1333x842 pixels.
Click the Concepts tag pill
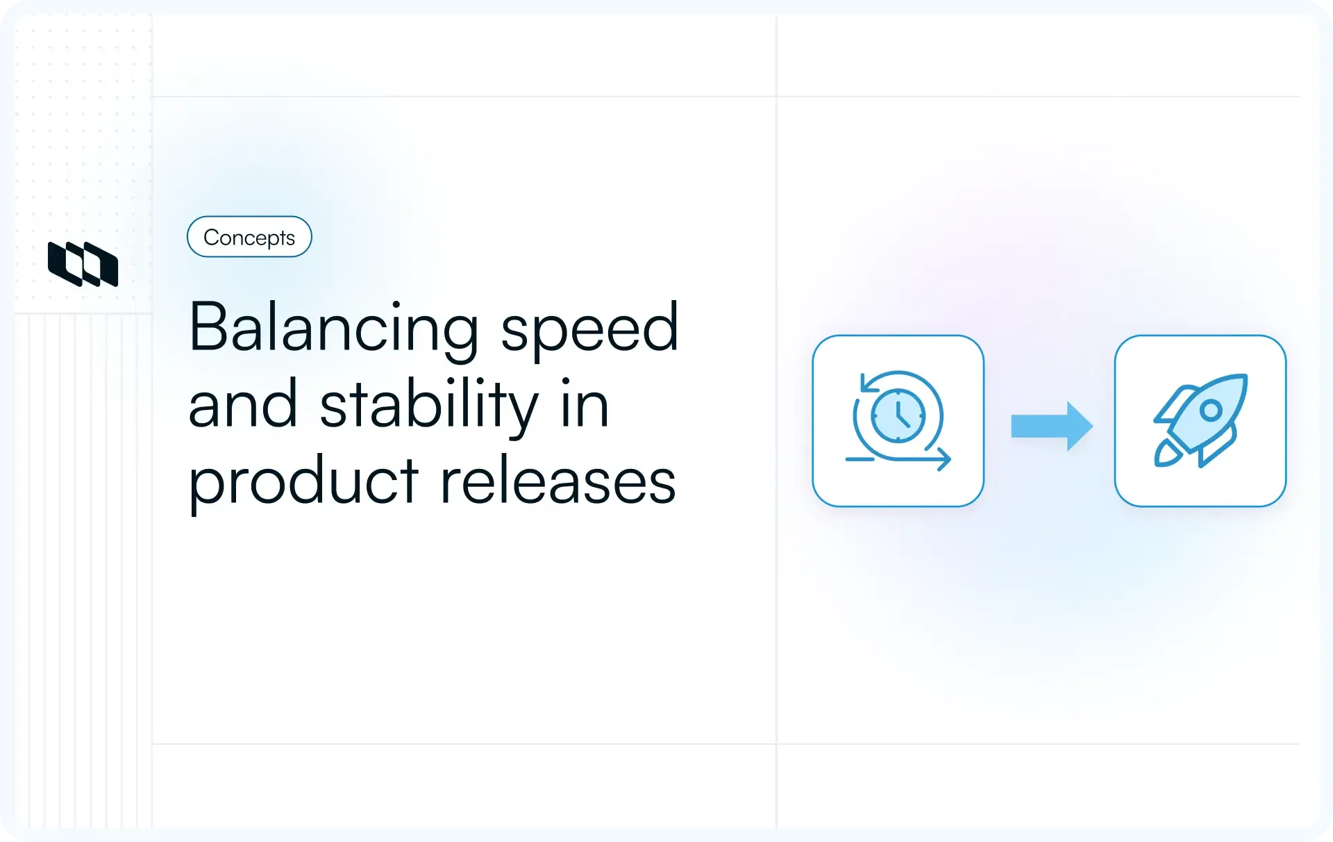click(x=249, y=237)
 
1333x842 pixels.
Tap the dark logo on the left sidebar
click(x=83, y=264)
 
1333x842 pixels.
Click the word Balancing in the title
click(x=333, y=328)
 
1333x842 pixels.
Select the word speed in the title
click(x=589, y=328)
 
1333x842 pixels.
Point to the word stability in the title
click(x=428, y=405)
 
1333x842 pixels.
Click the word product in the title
click(x=303, y=481)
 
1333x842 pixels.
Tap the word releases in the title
click(x=557, y=481)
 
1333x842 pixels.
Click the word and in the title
click(x=243, y=405)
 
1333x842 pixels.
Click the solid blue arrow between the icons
click(x=1051, y=426)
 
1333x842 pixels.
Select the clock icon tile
click(x=898, y=421)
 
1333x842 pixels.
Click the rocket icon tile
click(x=1200, y=421)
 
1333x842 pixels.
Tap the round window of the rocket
click(x=1211, y=411)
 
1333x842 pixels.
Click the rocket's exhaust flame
click(x=1166, y=454)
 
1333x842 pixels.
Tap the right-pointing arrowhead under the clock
click(x=945, y=459)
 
